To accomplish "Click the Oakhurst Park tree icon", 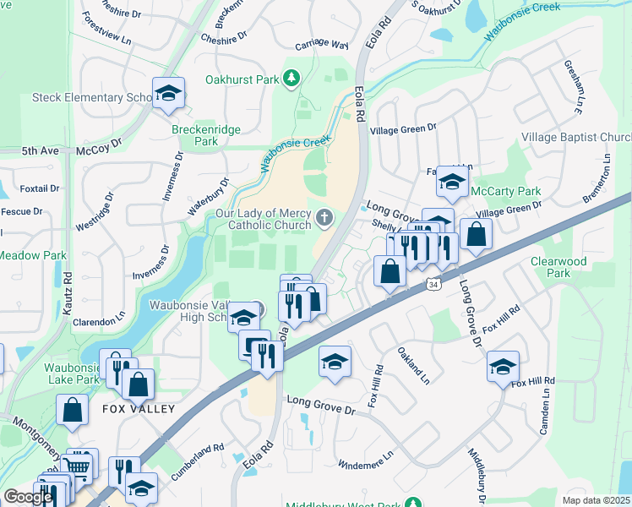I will [x=291, y=79].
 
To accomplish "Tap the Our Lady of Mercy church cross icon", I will [x=324, y=220].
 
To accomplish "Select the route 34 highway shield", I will [x=433, y=285].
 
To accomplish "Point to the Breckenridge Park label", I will [x=206, y=135].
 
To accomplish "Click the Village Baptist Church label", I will [x=577, y=137].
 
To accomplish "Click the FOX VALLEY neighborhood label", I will [x=139, y=409].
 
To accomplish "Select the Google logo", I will [x=28, y=497].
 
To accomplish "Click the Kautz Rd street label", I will [x=68, y=294].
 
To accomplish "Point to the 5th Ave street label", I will [x=40, y=150].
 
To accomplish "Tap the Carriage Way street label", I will [x=322, y=45].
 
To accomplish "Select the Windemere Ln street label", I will [x=365, y=459].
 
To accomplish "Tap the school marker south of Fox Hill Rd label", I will [x=504, y=366].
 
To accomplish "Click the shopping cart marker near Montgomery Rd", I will [x=78, y=465].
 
